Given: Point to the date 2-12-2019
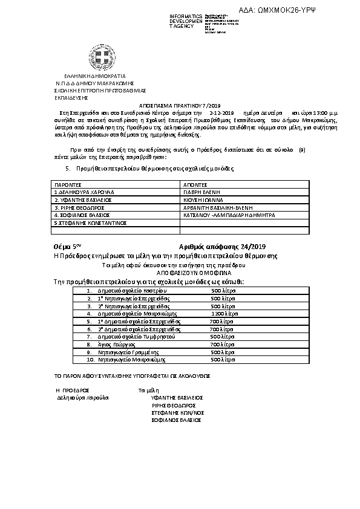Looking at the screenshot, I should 221,113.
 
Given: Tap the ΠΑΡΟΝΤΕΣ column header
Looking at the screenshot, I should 68,183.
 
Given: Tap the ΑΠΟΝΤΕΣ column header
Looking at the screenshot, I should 195,183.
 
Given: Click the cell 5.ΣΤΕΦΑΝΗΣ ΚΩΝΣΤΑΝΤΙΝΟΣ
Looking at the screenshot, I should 90,222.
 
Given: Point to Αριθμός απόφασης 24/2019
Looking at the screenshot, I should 223,247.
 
